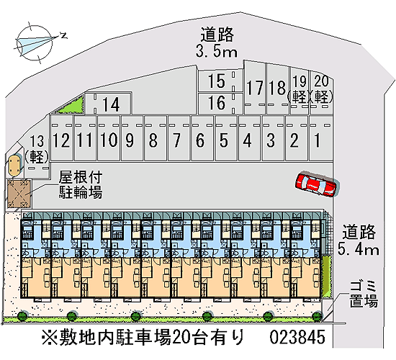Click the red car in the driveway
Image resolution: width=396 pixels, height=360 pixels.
pyautogui.click(x=317, y=184)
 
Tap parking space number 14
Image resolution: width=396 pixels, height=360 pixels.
pyautogui.click(x=108, y=104)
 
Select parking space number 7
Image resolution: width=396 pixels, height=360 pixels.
pyautogui.click(x=179, y=138)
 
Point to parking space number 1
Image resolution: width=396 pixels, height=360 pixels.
pyautogui.click(x=320, y=138)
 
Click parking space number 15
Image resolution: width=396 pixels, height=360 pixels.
pyautogui.click(x=220, y=81)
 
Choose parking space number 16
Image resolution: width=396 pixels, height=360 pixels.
pyautogui.click(x=220, y=103)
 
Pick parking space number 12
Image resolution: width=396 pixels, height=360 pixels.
pyautogui.click(x=61, y=138)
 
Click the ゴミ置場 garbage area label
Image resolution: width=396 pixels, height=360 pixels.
pyautogui.click(x=364, y=294)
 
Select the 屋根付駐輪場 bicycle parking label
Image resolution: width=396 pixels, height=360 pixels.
pyautogui.click(x=81, y=184)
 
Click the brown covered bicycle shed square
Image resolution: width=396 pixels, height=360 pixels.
pyautogui.click(x=19, y=194)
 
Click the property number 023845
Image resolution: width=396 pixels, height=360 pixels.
pyautogui.click(x=297, y=337)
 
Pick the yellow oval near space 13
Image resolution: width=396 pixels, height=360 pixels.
pyautogui.click(x=14, y=166)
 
